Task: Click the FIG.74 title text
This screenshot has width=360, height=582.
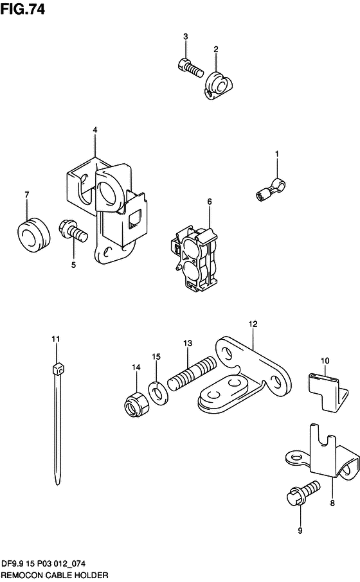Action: [x=22, y=9]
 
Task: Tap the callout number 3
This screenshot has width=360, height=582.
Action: [x=185, y=37]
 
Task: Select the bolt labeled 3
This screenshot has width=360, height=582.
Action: [x=190, y=67]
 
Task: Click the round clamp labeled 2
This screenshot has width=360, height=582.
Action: [x=219, y=85]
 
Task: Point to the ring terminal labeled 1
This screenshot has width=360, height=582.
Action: [x=271, y=189]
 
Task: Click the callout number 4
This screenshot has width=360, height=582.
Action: [x=95, y=130]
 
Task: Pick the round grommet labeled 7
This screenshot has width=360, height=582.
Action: [x=34, y=234]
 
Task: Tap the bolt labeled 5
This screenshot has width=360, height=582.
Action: [x=73, y=231]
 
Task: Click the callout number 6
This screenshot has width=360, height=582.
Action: [x=210, y=202]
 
